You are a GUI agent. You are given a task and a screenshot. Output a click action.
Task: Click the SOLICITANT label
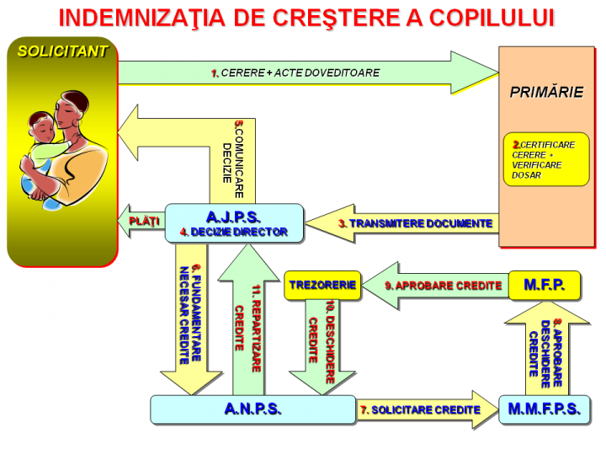(63, 51)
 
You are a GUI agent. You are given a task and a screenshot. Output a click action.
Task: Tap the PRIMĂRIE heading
(546, 93)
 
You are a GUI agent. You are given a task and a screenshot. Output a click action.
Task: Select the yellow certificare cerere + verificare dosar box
(545, 158)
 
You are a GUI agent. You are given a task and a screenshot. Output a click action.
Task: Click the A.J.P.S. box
(234, 223)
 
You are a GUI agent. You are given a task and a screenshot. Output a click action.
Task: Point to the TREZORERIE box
(322, 285)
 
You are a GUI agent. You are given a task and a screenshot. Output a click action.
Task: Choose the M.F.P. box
(545, 285)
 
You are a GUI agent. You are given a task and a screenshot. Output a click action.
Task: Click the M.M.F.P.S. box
(545, 409)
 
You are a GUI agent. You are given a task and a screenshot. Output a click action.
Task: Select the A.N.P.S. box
(252, 409)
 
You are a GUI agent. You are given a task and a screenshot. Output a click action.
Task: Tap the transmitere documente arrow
(404, 224)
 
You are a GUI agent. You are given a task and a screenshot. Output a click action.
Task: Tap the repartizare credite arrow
(248, 324)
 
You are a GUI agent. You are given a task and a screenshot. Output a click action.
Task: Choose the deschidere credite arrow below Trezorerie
(322, 341)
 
